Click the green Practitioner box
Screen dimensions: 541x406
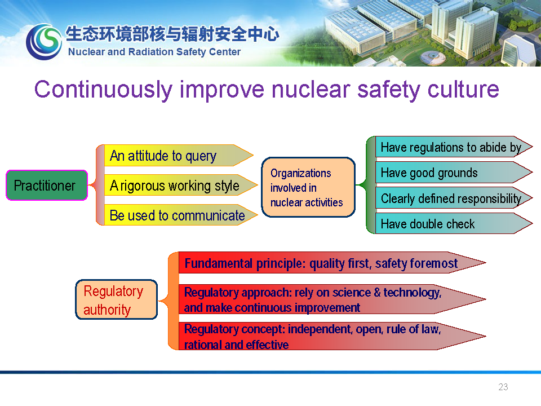pyautogui.click(x=47, y=186)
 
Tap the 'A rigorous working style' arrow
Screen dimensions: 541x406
pyautogui.click(x=181, y=186)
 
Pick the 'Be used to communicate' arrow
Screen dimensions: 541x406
pyautogui.click(x=181, y=215)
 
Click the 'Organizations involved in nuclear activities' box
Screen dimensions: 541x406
pyautogui.click(x=308, y=187)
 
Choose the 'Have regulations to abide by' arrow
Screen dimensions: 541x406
pyautogui.click(x=454, y=147)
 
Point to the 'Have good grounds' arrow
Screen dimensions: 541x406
pyautogui.click(x=454, y=173)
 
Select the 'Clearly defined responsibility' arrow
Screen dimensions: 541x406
pyautogui.click(x=454, y=198)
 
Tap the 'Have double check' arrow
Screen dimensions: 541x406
pyautogui.click(x=454, y=223)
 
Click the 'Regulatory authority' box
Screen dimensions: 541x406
pyautogui.click(x=116, y=299)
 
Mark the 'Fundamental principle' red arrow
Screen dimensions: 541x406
pyautogui.click(x=332, y=263)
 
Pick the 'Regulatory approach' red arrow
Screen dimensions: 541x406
pyautogui.click(x=332, y=299)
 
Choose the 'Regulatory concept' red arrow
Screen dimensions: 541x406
pyautogui.click(x=332, y=336)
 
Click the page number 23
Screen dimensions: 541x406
pyautogui.click(x=503, y=387)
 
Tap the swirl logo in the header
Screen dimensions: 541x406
pyautogui.click(x=44, y=41)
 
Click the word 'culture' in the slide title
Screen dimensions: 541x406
pyautogui.click(x=463, y=90)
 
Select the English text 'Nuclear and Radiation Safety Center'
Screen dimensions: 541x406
pyautogui.click(x=154, y=52)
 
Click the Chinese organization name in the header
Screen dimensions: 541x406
pyautogui.click(x=172, y=34)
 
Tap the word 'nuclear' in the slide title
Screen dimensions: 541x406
pyautogui.click(x=311, y=90)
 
